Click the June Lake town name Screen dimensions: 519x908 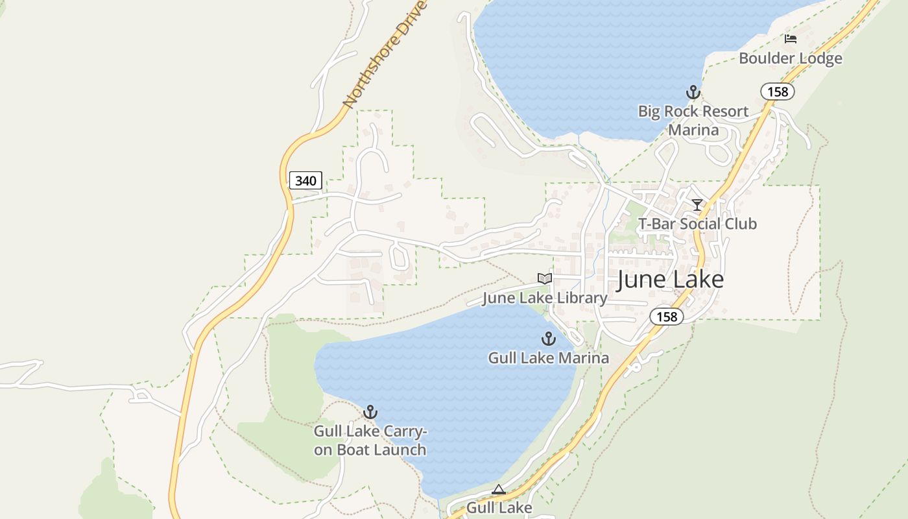tap(670, 279)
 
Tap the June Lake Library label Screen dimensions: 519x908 tap(545, 298)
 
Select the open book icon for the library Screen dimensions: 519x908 tap(545, 278)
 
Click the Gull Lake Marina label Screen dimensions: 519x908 tap(549, 357)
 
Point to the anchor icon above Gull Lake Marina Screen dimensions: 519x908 tap(549, 339)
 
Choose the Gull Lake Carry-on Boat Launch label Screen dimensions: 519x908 tap(370, 441)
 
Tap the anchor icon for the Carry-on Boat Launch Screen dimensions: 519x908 tap(370, 412)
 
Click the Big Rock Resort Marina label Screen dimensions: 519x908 tap(693, 120)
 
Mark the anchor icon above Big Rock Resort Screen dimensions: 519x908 tap(693, 92)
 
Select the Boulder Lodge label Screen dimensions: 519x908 tap(791, 58)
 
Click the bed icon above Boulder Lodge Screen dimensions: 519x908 tap(790, 39)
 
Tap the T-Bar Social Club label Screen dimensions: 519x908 tap(697, 224)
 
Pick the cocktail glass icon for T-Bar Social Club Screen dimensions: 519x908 tap(697, 205)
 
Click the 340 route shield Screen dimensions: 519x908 tap(305, 180)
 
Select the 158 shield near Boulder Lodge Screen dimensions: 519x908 tap(778, 91)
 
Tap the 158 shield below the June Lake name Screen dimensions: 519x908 tap(667, 317)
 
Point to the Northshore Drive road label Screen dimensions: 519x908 tap(385, 55)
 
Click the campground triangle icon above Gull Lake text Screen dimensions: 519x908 tap(498, 490)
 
